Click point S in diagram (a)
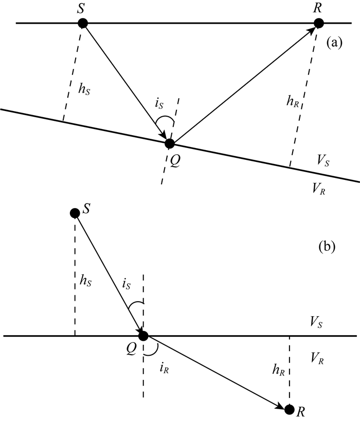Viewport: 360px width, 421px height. [82, 23]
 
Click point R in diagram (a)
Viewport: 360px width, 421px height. [319, 23]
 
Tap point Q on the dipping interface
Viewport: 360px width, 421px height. [170, 143]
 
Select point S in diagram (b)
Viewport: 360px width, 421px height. [75, 212]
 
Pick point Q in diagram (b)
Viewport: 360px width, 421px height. [143, 336]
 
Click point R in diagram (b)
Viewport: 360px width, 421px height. [290, 409]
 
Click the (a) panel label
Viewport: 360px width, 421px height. [334, 43]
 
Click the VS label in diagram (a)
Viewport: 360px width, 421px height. [323, 162]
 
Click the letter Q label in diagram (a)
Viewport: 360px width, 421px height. [176, 160]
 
